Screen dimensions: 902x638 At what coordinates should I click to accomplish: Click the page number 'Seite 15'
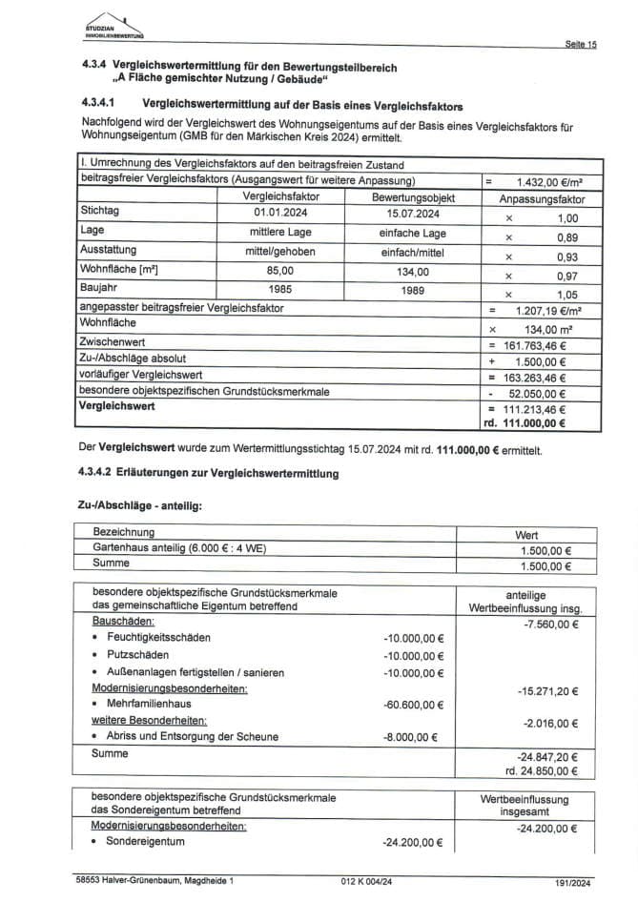580,45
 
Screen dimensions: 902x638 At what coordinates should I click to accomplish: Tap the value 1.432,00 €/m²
547,181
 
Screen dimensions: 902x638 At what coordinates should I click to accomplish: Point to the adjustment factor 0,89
566,236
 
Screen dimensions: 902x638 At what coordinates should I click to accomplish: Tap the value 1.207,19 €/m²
548,310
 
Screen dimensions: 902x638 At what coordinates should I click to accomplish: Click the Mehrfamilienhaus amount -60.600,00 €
413,707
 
